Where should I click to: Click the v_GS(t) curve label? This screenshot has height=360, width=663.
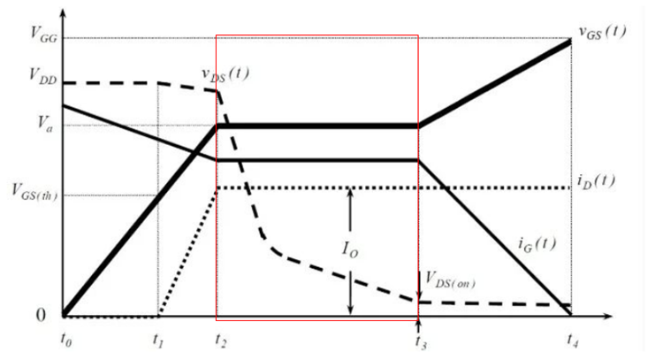[603, 33]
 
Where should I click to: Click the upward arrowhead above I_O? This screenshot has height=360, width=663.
[351, 192]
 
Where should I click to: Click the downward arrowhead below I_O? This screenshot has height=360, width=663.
[351, 309]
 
